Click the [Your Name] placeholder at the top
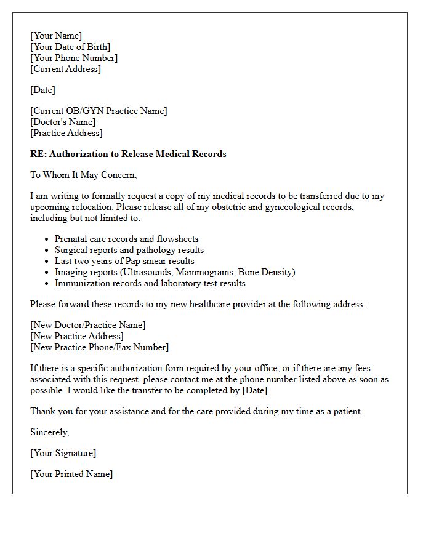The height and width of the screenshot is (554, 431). tap(56, 36)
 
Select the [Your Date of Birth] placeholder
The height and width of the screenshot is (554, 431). tap(70, 47)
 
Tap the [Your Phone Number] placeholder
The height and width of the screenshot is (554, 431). tap(74, 58)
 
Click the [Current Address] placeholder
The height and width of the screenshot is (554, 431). tap(65, 69)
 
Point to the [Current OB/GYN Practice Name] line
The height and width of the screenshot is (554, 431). tap(99, 111)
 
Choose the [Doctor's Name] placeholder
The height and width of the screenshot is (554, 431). tap(63, 122)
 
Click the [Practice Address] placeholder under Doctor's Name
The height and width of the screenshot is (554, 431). tap(66, 133)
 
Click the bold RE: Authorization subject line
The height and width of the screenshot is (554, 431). tap(128, 154)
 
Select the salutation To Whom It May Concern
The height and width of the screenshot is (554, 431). tap(83, 175)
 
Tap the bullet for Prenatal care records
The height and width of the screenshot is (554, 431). tap(47, 239)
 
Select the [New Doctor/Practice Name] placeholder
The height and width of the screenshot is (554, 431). tap(88, 325)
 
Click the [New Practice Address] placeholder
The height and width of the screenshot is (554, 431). tap(77, 336)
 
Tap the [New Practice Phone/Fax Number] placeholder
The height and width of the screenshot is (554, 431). tap(99, 347)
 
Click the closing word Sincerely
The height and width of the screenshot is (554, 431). tap(49, 432)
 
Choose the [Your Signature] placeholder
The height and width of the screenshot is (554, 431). tap(63, 453)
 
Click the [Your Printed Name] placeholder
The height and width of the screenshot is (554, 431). tap(71, 474)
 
